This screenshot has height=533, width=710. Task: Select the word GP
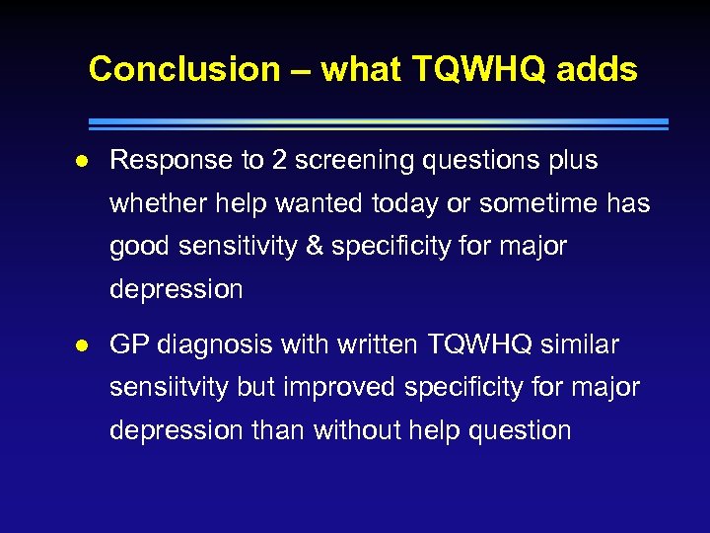point(129,345)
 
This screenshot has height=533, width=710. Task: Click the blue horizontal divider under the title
point(378,124)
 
